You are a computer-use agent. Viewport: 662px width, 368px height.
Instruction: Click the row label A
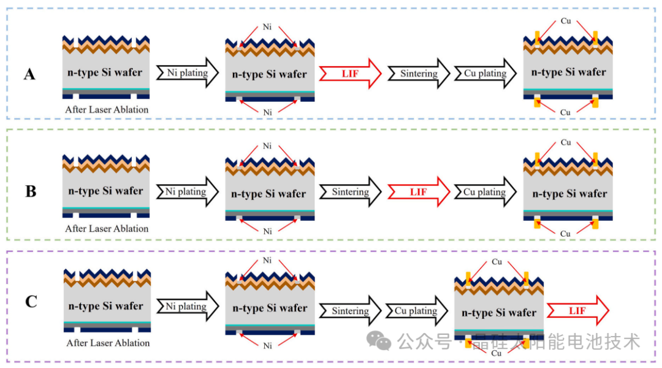tap(29, 75)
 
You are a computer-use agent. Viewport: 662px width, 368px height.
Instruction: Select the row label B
tap(31, 191)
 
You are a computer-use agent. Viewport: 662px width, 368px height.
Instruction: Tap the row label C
tap(31, 302)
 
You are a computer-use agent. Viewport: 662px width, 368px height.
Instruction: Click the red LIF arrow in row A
tap(350, 74)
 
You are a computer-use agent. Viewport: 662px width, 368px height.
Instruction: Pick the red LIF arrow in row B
tap(419, 192)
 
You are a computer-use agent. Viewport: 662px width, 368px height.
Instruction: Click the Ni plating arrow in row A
tap(188, 73)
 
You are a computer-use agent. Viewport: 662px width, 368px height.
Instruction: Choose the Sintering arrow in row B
tap(351, 192)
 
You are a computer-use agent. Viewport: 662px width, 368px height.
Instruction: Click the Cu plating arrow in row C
tap(416, 311)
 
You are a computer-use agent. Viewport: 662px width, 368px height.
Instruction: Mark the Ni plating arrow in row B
tap(186, 192)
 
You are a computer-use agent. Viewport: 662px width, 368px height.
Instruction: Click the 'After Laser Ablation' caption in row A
tap(107, 110)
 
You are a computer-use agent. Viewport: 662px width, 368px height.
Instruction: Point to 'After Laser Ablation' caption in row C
tap(108, 343)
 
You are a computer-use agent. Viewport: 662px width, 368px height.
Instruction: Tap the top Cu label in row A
tap(566, 21)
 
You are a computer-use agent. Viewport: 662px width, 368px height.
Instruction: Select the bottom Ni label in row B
tap(267, 231)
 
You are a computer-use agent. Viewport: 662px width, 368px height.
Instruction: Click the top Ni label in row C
tap(267, 261)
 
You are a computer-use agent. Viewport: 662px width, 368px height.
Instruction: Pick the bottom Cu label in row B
tap(565, 234)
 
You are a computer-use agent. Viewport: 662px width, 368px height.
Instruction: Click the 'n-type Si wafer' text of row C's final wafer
tap(499, 313)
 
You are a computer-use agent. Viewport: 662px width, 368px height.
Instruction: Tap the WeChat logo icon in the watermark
tap(384, 341)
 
